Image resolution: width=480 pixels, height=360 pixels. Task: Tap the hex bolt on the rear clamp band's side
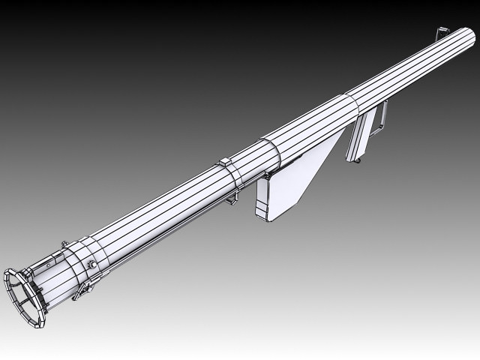[91, 264]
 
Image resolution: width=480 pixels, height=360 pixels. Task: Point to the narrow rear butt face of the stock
[262, 199]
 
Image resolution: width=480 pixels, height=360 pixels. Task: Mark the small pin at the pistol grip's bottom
[358, 159]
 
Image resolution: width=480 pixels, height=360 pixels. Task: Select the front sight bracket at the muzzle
[442, 33]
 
